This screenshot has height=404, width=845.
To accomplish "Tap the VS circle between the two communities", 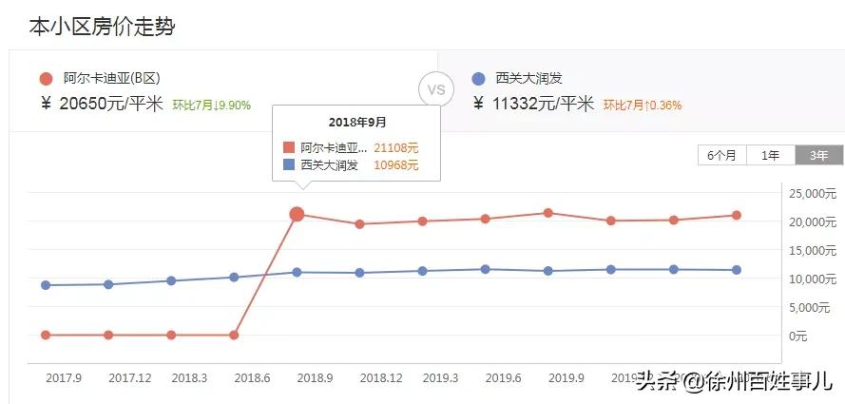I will [436, 90].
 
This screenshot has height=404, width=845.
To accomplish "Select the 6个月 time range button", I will [721, 156].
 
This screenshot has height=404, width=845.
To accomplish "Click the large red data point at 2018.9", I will [297, 214].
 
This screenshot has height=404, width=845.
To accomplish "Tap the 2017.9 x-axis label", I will [64, 377].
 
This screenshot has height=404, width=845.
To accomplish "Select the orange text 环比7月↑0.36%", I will [642, 106].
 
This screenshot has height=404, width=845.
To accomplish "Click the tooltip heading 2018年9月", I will [357, 123].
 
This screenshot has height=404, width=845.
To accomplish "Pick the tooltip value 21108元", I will [395, 147].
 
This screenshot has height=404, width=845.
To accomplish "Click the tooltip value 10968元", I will [395, 165].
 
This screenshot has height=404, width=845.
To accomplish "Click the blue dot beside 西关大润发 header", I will [478, 79].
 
